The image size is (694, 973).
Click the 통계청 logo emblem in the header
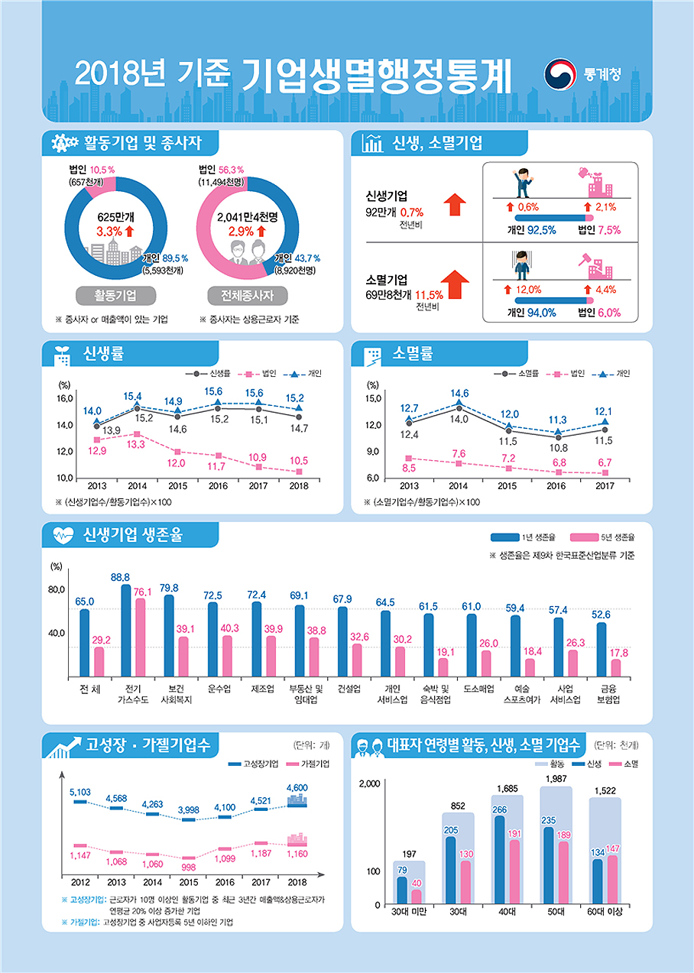[560, 75]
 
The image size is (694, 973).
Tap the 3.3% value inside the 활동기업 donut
[109, 229]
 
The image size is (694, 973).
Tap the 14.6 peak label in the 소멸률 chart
[459, 394]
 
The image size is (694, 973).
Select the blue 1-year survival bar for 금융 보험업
[602, 650]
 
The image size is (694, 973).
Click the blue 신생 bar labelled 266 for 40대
[500, 860]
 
